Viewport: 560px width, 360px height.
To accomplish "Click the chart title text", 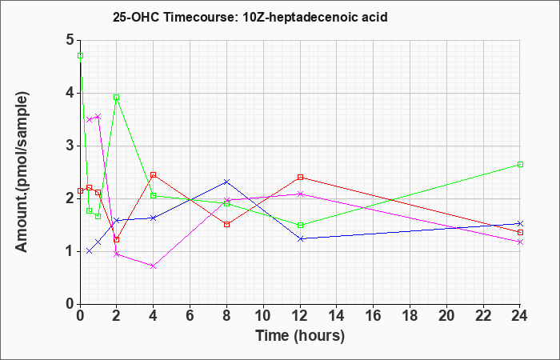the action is click(x=250, y=17).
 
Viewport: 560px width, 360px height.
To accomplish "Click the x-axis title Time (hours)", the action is click(x=300, y=336).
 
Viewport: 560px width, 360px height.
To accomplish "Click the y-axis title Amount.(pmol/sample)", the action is click(x=22, y=172).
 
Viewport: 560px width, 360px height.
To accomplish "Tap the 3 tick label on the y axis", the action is click(x=70, y=146).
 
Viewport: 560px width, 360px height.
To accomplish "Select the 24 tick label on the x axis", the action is click(x=519, y=315).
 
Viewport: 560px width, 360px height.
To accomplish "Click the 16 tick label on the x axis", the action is click(x=373, y=315).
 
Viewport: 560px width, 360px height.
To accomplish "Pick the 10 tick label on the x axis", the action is click(x=263, y=315).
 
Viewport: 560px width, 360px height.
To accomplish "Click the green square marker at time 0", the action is click(x=80, y=56).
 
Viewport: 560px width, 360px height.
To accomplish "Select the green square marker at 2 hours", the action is click(x=117, y=97).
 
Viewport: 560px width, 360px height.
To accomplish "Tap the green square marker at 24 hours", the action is click(x=520, y=164).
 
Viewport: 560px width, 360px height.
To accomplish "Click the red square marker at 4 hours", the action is click(x=154, y=174).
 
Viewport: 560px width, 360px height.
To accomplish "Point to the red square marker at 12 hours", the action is click(x=300, y=177).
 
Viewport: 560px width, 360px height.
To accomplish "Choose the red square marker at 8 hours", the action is click(x=226, y=224).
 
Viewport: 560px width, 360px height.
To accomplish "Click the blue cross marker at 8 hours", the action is click(x=226, y=182).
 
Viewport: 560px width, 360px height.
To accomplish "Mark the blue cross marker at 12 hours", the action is click(x=300, y=238).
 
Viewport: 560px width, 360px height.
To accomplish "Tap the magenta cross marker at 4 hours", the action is click(x=154, y=266).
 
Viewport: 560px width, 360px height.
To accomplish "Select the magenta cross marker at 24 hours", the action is click(x=520, y=242).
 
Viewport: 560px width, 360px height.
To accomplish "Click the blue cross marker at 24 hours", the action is click(x=520, y=223).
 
